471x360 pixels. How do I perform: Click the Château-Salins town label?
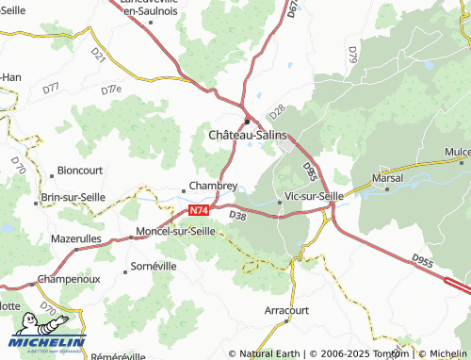pyautogui.click(x=247, y=137)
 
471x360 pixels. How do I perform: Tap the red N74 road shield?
pyautogui.click(x=198, y=211)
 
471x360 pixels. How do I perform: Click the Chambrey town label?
pyautogui.click(x=213, y=187)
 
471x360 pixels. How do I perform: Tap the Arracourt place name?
pyautogui.click(x=287, y=308)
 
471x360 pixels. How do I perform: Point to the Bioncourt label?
pyautogui.click(x=79, y=171)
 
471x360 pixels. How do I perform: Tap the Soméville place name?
pyautogui.click(x=153, y=267)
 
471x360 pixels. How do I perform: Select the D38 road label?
pyautogui.click(x=237, y=216)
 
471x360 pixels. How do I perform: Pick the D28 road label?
pyautogui.click(x=276, y=110)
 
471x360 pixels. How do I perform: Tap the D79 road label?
pyautogui.click(x=351, y=55)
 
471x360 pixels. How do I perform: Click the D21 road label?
pyautogui.click(x=99, y=57)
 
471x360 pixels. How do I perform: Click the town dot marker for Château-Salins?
pyautogui.click(x=248, y=121)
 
